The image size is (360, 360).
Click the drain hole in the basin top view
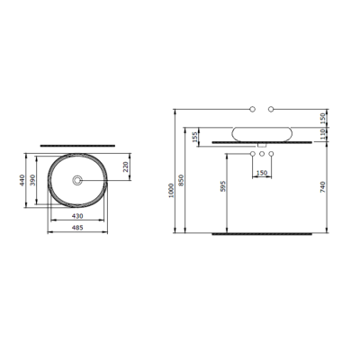[76, 181]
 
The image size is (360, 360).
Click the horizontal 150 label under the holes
[261, 172]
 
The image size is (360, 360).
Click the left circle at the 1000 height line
[253, 110]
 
